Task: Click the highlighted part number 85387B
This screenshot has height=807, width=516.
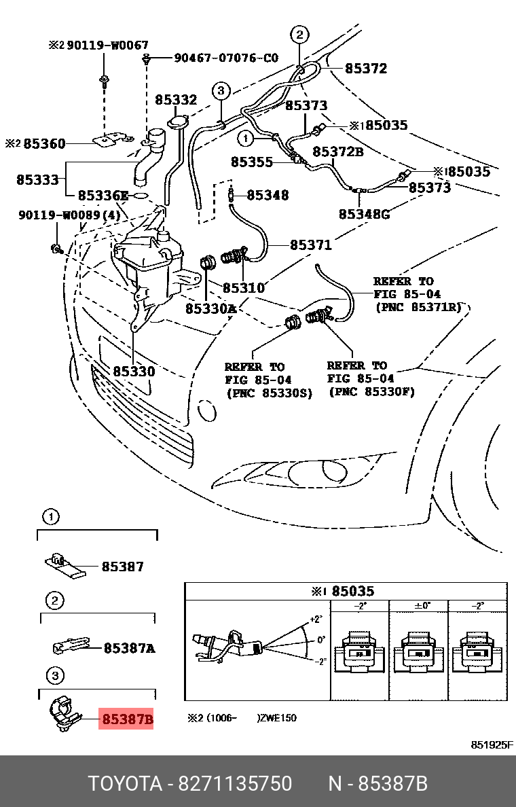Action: [x=127, y=718]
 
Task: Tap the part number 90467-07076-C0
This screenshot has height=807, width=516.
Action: [x=226, y=58]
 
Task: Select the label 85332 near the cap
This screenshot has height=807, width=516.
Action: [x=175, y=101]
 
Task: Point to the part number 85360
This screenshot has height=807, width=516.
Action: [x=45, y=144]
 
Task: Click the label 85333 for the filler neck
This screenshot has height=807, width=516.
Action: [x=37, y=180]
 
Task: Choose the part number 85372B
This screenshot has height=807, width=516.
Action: [x=337, y=151]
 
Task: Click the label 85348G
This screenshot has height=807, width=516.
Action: [x=364, y=215]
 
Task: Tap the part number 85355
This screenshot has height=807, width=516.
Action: [x=251, y=162]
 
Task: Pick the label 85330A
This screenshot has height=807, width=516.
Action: [x=210, y=308]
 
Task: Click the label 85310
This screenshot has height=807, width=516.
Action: [x=244, y=288]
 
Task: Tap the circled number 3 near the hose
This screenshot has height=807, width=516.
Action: [x=221, y=91]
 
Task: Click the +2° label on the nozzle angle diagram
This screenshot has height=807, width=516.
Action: [x=314, y=620]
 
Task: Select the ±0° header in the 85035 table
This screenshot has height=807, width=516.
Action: [x=420, y=605]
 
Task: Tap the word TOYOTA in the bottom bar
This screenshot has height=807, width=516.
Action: [x=124, y=783]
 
